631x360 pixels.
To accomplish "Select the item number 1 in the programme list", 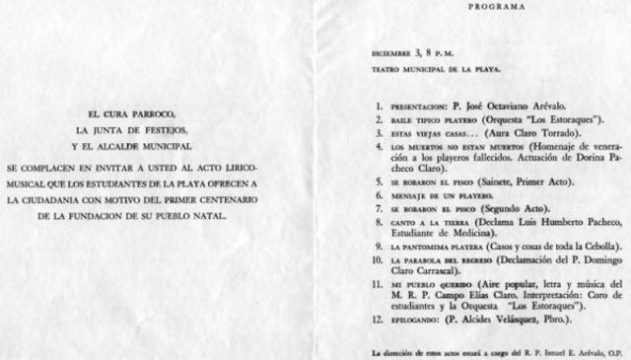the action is click(x=380, y=104).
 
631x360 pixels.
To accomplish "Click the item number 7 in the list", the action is click(x=380, y=209).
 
